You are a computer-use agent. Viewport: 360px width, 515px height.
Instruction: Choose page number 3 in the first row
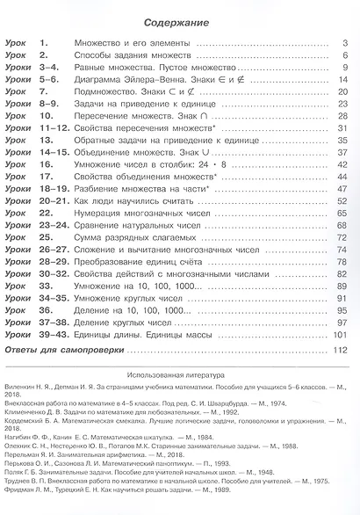[x=346, y=43]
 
